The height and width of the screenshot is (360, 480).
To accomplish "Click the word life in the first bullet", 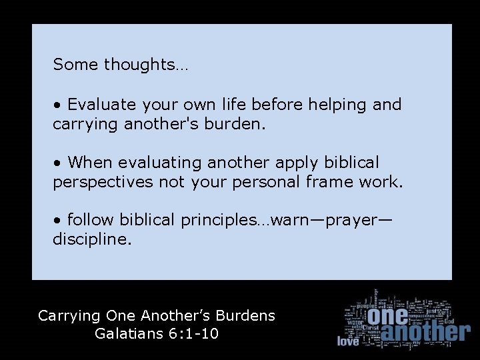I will [x=228, y=105].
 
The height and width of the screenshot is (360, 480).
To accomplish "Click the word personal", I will [x=265, y=181].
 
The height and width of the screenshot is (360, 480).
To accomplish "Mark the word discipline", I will [x=92, y=239].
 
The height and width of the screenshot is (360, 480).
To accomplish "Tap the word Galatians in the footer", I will [x=128, y=333].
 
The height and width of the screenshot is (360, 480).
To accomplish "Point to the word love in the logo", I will [x=348, y=341].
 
